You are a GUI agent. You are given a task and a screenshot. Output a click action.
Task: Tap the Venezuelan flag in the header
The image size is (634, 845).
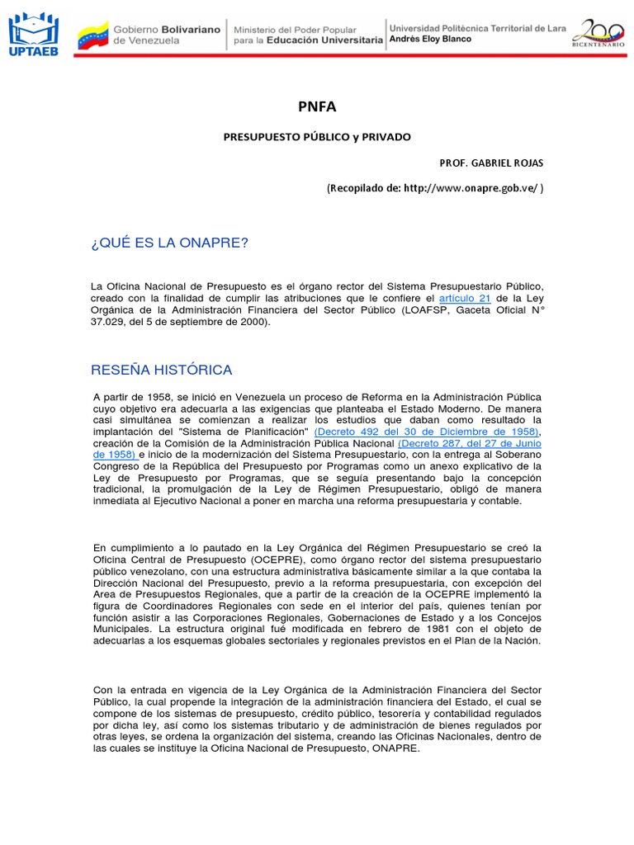click(92, 35)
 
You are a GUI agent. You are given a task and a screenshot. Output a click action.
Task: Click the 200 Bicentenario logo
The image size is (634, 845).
click(599, 35)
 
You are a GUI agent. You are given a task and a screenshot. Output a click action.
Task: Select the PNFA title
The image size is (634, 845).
click(317, 106)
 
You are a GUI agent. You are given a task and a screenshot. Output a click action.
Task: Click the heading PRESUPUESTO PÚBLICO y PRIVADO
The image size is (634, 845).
click(317, 136)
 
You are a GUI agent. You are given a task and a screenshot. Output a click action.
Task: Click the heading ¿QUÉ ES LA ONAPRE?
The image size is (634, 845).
click(170, 243)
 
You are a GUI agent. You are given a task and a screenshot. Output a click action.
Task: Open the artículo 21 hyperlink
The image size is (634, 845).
click(464, 297)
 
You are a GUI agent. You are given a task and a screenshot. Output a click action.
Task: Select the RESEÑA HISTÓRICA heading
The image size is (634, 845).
click(163, 370)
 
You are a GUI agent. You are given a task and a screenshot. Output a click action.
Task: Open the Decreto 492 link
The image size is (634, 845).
click(426, 432)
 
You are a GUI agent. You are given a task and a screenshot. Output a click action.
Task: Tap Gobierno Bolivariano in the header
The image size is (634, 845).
click(167, 29)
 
